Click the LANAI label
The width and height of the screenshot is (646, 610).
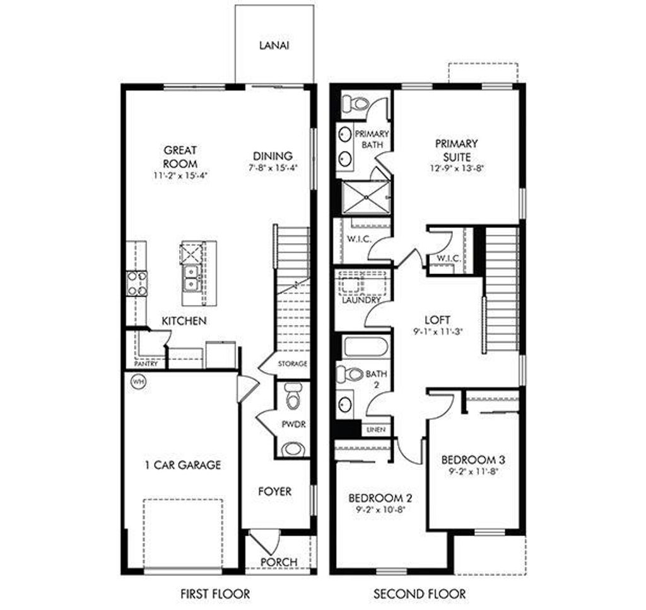coord(274,45)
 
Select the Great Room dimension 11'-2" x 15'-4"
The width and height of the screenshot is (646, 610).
coord(180,175)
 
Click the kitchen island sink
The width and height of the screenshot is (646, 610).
coord(192,278)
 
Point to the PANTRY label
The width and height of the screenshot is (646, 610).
coord(146,364)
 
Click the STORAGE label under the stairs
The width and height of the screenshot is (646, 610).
coord(293,364)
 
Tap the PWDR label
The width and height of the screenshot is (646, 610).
coord(294,424)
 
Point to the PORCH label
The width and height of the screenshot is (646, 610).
coord(278,561)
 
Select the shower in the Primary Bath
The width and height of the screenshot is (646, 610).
coord(366,197)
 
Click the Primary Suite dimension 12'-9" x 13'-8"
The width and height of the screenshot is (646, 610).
coord(456,168)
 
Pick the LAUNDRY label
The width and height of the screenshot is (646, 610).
coord(361,301)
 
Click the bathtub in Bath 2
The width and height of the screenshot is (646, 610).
coord(366,347)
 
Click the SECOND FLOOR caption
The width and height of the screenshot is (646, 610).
coord(420,594)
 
